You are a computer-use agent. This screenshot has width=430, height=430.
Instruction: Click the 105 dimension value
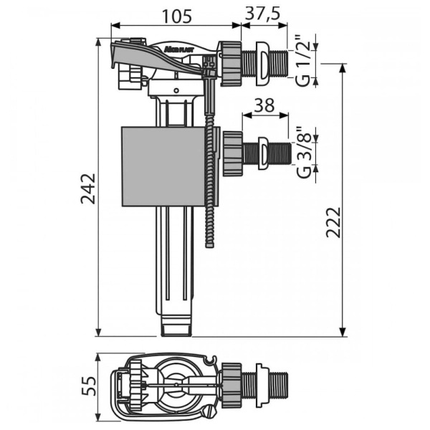[x=177, y=16]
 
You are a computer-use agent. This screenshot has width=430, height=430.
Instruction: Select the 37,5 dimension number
[x=263, y=14]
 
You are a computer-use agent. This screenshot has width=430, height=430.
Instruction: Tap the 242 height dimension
[x=88, y=188]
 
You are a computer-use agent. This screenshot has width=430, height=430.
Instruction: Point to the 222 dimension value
[x=333, y=222]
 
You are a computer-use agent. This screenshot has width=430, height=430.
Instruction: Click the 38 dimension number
[x=264, y=105]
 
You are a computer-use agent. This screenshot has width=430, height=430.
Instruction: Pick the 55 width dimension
[x=90, y=386]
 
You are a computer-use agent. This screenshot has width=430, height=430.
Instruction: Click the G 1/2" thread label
[x=303, y=63]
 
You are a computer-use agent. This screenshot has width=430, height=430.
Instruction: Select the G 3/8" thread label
[x=305, y=153]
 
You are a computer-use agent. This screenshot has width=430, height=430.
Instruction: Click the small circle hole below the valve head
[x=176, y=90]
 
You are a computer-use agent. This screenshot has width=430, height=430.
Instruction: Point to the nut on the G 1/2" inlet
[x=230, y=64]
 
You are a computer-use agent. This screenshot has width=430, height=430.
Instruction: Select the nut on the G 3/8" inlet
[x=232, y=153]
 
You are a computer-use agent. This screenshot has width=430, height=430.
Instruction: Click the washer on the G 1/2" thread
[x=263, y=64]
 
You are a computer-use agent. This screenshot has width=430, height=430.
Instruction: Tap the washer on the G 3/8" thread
[x=263, y=153]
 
